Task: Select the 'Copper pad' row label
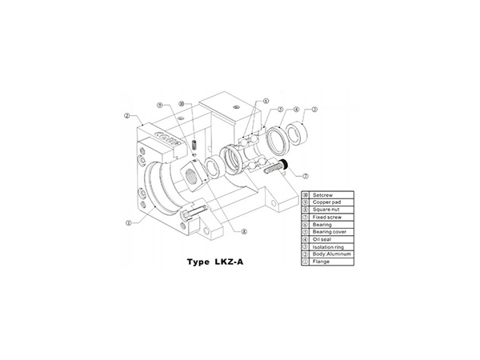[327, 203]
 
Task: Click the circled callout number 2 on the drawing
[127, 115]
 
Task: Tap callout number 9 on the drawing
[160, 104]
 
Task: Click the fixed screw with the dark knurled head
[280, 166]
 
